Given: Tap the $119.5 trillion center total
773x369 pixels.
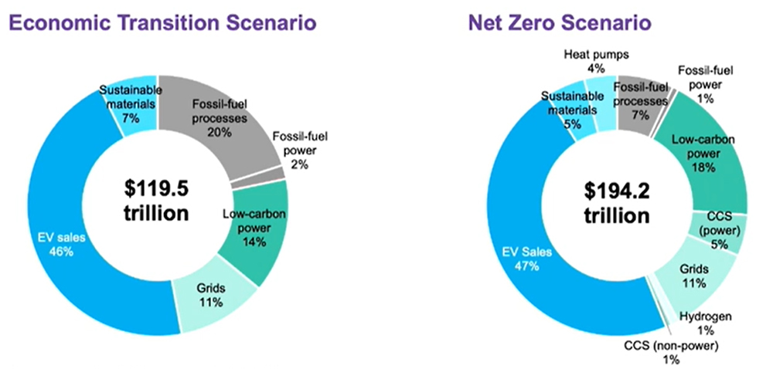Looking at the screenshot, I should (x=157, y=200).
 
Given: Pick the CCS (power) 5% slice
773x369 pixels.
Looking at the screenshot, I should (x=722, y=232).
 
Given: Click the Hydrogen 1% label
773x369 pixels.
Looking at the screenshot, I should (x=707, y=322).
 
